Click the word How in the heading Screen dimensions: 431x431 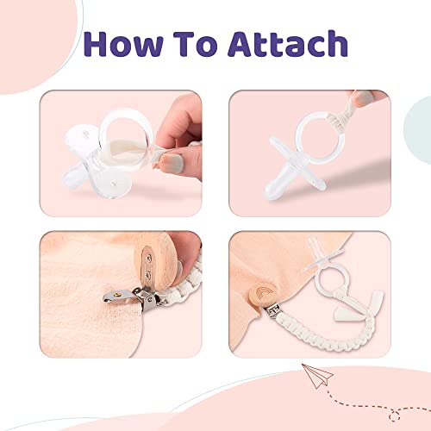[x=123, y=44]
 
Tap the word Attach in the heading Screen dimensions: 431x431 [x=288, y=44]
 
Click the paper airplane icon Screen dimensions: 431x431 [x=317, y=376]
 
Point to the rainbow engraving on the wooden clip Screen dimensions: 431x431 [x=263, y=294]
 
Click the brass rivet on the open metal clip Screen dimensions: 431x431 [x=117, y=293]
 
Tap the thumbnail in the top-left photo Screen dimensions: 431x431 [x=172, y=161]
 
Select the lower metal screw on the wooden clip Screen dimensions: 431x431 [x=148, y=275]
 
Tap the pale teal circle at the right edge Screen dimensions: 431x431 [x=419, y=129]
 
